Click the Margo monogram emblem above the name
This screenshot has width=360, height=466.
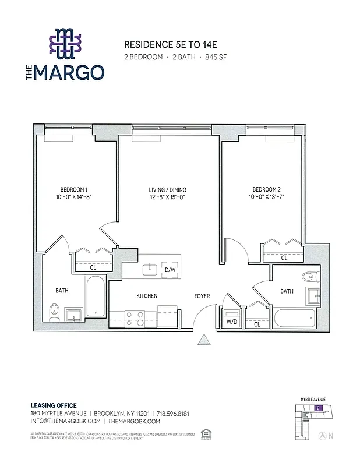(66, 44)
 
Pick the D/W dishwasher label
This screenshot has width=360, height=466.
(170, 270)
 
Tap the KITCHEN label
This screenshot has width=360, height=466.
(147, 296)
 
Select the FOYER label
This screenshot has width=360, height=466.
(202, 296)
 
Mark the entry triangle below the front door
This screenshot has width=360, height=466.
(204, 340)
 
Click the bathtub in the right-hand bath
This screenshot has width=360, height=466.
(294, 319)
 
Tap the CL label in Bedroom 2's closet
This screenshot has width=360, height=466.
(284, 257)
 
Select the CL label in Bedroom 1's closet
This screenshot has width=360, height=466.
(93, 267)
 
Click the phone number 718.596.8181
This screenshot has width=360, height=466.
(172, 413)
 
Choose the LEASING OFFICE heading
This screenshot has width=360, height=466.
(53, 405)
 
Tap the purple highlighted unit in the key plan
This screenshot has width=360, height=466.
(317, 408)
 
